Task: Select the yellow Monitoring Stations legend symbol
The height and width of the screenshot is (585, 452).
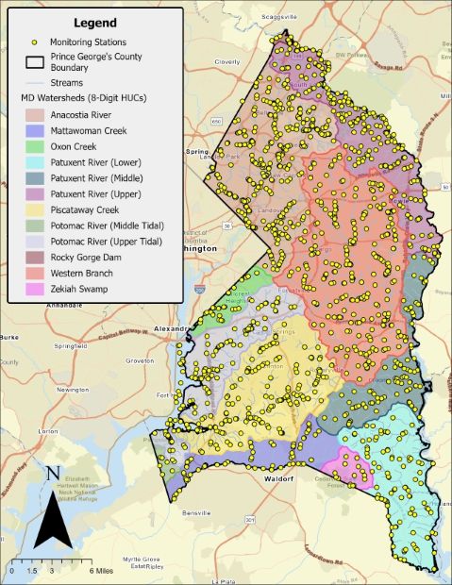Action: point(35,42)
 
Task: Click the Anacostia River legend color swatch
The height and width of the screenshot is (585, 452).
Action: point(40,115)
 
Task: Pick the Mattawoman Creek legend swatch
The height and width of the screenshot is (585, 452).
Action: point(40,131)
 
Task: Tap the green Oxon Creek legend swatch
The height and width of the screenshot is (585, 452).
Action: point(40,147)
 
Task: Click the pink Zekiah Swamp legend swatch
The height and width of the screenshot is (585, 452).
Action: point(40,288)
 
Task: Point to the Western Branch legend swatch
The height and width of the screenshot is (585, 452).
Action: point(40,273)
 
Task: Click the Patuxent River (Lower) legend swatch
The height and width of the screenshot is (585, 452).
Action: point(40,162)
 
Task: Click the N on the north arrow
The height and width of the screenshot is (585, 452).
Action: point(54,474)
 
